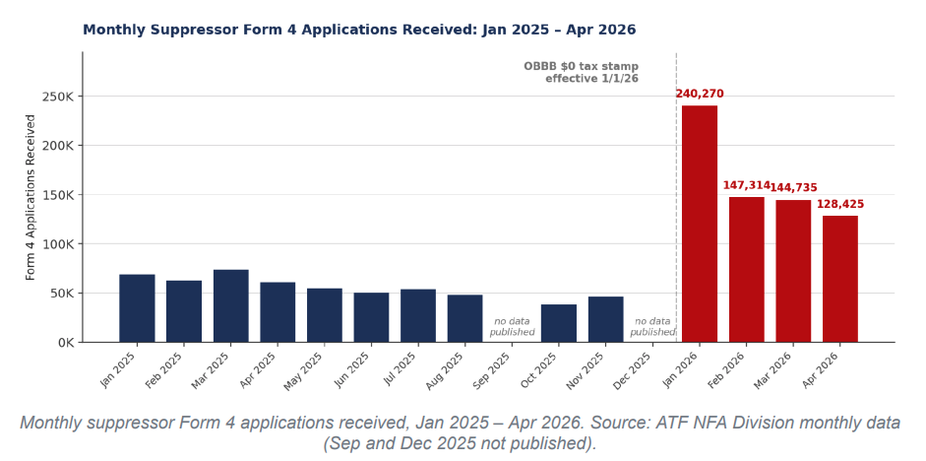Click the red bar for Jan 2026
click(x=700, y=224)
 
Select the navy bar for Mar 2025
click(x=231, y=306)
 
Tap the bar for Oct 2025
click(x=559, y=323)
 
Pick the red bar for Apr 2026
click(x=839, y=279)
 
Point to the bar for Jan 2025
click(x=137, y=308)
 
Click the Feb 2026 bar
click(x=747, y=270)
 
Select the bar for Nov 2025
click(x=605, y=319)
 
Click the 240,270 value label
click(x=700, y=94)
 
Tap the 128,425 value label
click(x=840, y=204)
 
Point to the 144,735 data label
click(x=794, y=187)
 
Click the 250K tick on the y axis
click(x=58, y=97)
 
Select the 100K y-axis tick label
click(x=58, y=244)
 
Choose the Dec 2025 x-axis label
click(x=633, y=371)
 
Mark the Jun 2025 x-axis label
click(x=352, y=370)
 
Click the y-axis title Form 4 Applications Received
click(x=31, y=197)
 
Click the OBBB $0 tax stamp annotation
click(x=582, y=72)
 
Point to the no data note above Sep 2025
click(x=512, y=327)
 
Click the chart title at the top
click(x=359, y=30)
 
